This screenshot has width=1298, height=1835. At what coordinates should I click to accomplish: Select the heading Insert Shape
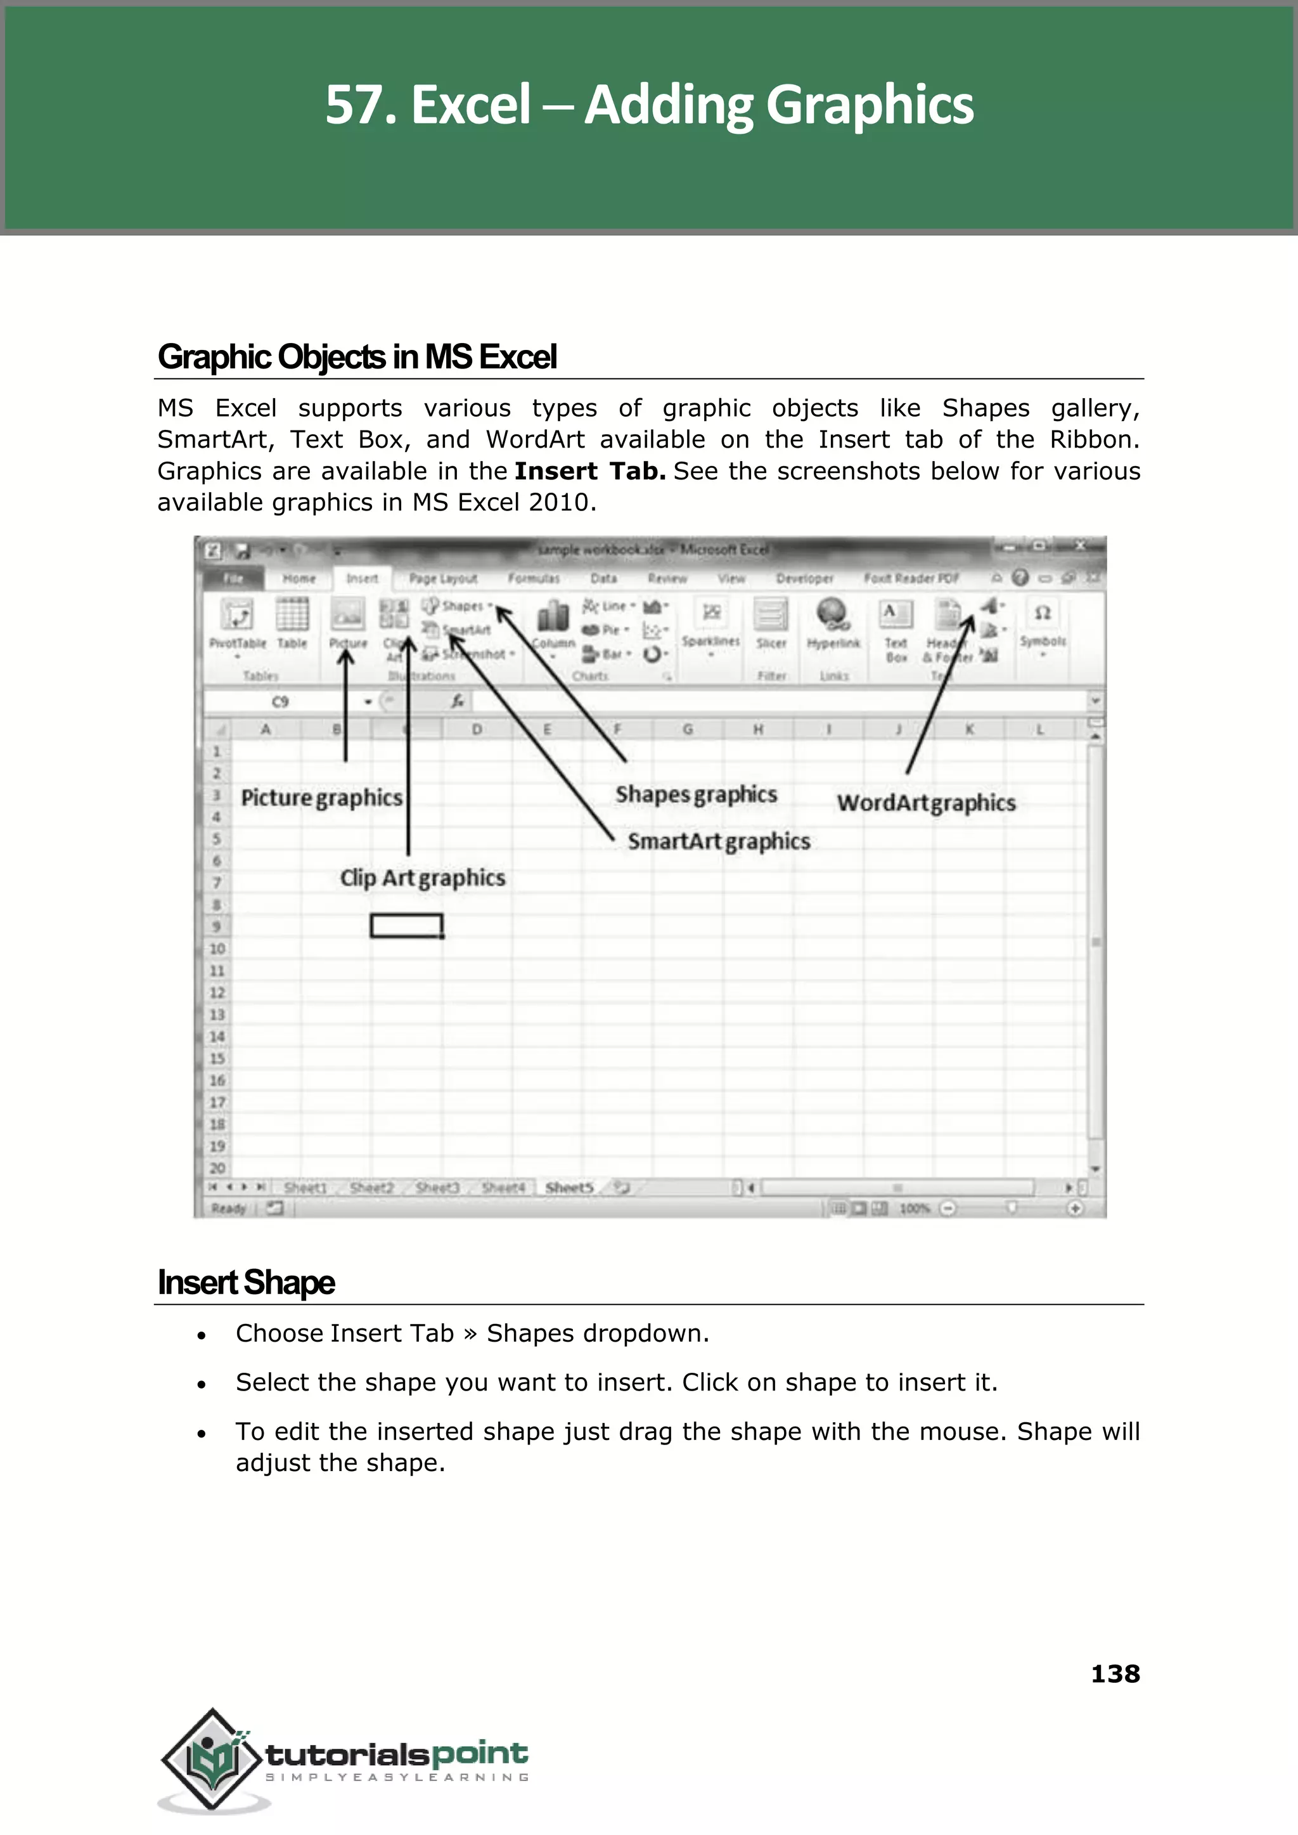[x=246, y=1283]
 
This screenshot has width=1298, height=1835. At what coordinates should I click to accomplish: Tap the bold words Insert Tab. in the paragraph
[x=590, y=471]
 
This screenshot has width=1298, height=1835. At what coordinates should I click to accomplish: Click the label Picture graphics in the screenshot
[x=321, y=798]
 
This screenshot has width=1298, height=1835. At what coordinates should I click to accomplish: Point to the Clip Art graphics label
[x=422, y=878]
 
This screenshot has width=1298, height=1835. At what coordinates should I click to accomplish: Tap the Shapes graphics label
[x=695, y=794]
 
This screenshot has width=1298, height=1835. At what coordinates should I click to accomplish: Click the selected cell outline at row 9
[x=406, y=926]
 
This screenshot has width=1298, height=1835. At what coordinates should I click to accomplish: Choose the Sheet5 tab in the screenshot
[x=569, y=1188]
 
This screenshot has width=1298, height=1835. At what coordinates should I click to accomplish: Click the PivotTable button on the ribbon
[x=238, y=624]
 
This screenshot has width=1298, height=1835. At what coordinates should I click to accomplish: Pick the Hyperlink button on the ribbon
[x=833, y=624]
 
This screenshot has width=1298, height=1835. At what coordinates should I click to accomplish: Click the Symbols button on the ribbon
[x=1042, y=624]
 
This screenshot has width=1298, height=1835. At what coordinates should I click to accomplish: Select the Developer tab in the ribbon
[x=804, y=578]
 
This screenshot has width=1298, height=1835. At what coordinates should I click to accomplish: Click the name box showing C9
[x=281, y=702]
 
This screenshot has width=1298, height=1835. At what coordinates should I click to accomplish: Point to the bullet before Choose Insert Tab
[x=202, y=1335]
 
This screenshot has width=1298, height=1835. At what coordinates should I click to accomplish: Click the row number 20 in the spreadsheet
[x=217, y=1168]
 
